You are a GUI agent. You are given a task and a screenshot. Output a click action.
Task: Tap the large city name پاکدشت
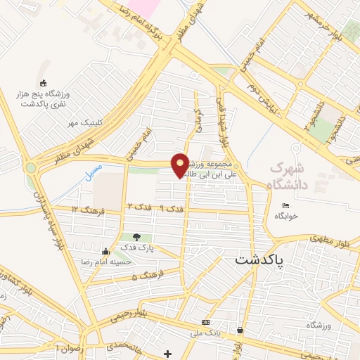coord(259,261)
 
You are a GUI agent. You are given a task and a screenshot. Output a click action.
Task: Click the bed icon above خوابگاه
coord(285,205)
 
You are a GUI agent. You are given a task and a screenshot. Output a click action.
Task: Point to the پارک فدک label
coord(136,248)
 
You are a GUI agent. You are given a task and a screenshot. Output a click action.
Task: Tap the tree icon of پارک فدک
coord(136,237)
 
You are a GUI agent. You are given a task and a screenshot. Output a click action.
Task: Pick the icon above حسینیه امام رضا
coord(105,251)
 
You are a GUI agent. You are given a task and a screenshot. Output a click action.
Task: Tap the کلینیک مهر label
coord(84,122)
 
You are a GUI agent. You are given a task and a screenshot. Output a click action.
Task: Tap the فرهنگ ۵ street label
coord(147,275)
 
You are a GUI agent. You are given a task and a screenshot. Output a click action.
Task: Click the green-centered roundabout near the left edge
coord(30,168)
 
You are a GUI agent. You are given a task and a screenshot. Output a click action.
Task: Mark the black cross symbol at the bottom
coord(167,353)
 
